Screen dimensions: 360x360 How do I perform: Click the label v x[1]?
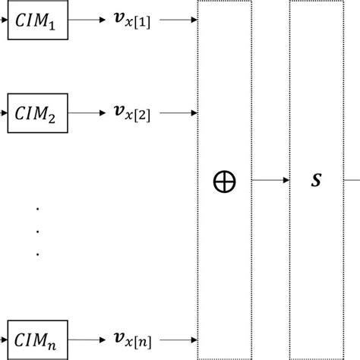coord(131,23)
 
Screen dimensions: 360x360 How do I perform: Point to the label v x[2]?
coord(131,113)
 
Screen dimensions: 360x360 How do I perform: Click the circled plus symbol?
coord(224,182)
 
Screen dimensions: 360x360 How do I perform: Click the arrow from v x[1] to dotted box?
coord(179,22)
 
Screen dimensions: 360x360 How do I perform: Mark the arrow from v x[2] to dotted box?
coord(179,112)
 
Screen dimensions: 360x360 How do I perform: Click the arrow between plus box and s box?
coord(270,181)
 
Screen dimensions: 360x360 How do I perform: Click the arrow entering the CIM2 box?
coord(4,112)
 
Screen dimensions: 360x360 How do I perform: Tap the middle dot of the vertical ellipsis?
coord(36,230)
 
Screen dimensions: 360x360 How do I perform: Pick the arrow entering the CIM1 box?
coord(4,22)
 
